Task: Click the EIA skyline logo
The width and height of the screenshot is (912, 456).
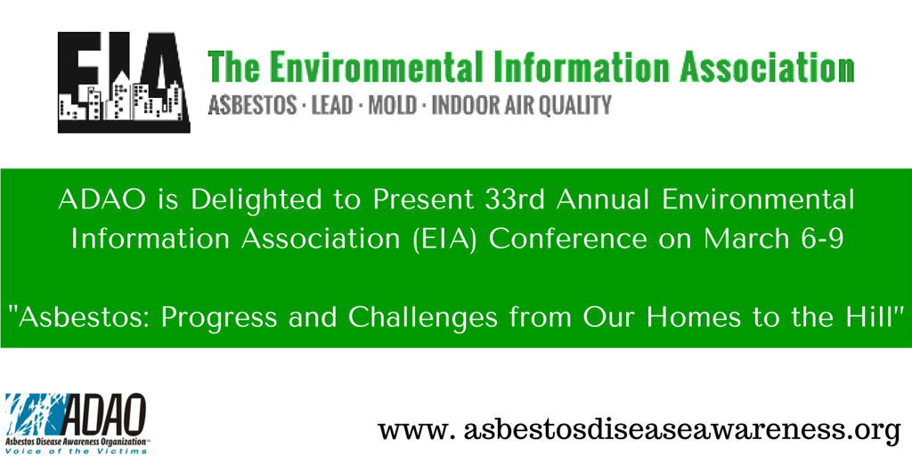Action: pyautogui.click(x=123, y=82)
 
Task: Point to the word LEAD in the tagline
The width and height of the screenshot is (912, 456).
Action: pyautogui.click(x=332, y=105)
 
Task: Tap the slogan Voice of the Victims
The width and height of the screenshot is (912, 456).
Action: pyautogui.click(x=77, y=451)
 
